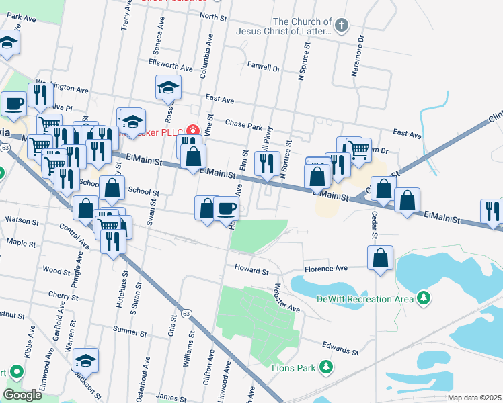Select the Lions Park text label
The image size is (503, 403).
click(x=293, y=367)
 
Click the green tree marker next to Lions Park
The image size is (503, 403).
click(x=326, y=367)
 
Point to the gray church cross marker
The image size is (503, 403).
click(x=342, y=26)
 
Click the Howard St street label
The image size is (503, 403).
click(x=251, y=270)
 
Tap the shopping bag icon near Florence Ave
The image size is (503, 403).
click(x=381, y=259)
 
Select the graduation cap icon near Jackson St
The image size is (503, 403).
click(x=85, y=359)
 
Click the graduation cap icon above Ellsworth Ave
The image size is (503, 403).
click(x=168, y=87)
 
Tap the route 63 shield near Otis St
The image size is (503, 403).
click(x=186, y=314)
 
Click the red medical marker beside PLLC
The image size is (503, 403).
click(x=193, y=130)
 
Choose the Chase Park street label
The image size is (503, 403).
click(x=243, y=125)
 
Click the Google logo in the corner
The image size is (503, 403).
click(x=22, y=396)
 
